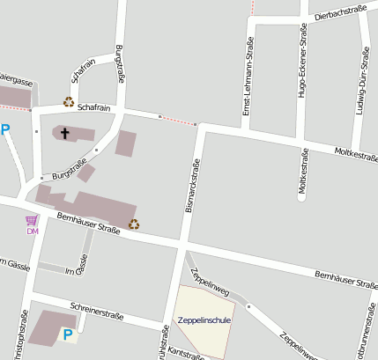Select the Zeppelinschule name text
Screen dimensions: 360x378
[204, 320]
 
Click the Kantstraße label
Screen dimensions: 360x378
[186, 354]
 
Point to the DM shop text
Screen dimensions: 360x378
[33, 231]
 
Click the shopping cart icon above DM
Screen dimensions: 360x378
[32, 220]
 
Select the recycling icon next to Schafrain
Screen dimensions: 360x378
[68, 102]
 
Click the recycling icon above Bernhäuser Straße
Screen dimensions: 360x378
[134, 224]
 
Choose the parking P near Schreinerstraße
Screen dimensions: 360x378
[67, 334]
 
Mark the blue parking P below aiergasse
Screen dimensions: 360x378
[5, 130]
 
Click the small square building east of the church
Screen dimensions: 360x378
[126, 143]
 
